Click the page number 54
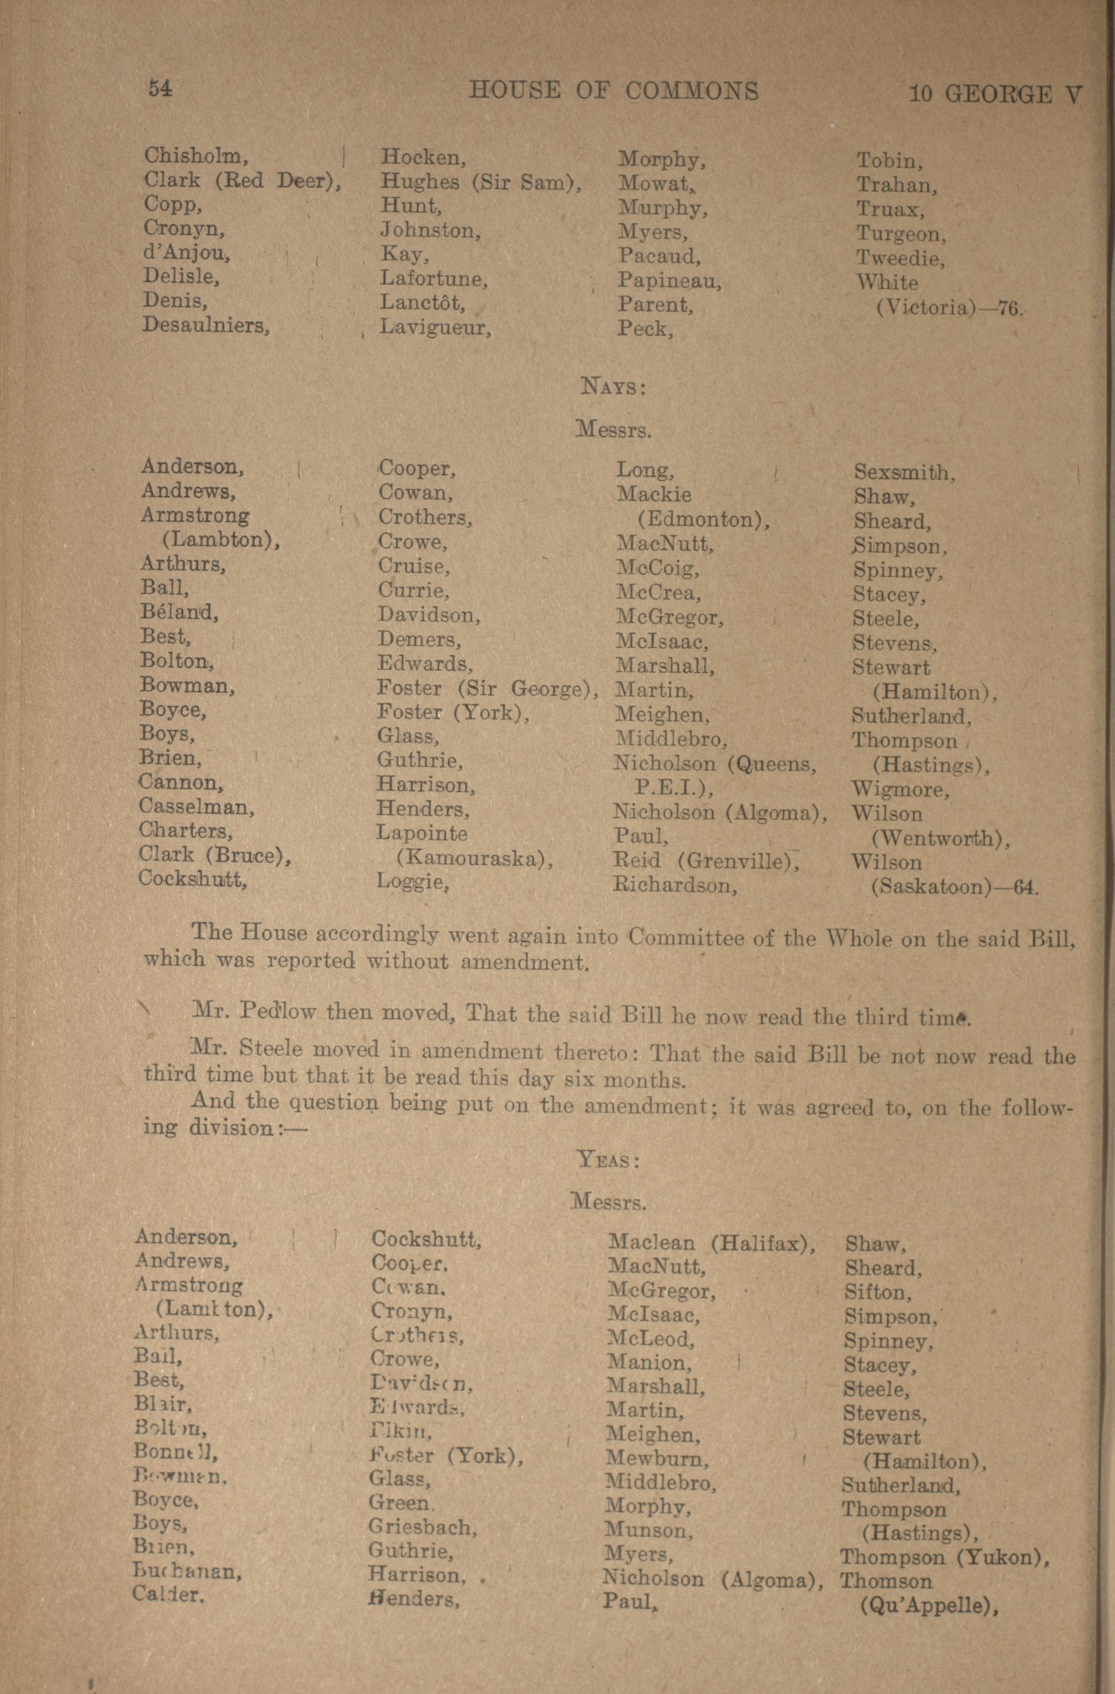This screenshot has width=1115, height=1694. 160,88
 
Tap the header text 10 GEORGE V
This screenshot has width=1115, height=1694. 995,94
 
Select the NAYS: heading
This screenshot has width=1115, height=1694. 613,387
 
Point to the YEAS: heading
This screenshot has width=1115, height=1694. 609,1160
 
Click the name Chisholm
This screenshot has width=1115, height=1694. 196,155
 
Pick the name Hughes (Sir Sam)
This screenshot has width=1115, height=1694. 481,182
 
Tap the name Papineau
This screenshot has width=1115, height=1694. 669,281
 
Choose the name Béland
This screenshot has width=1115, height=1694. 179,612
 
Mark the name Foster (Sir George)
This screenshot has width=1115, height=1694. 487,689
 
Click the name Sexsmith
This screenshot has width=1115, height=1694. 904,473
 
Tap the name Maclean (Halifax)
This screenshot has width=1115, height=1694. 711,1244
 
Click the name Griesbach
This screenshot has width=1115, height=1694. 422,1527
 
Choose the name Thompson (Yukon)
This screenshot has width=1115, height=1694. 945,1557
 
